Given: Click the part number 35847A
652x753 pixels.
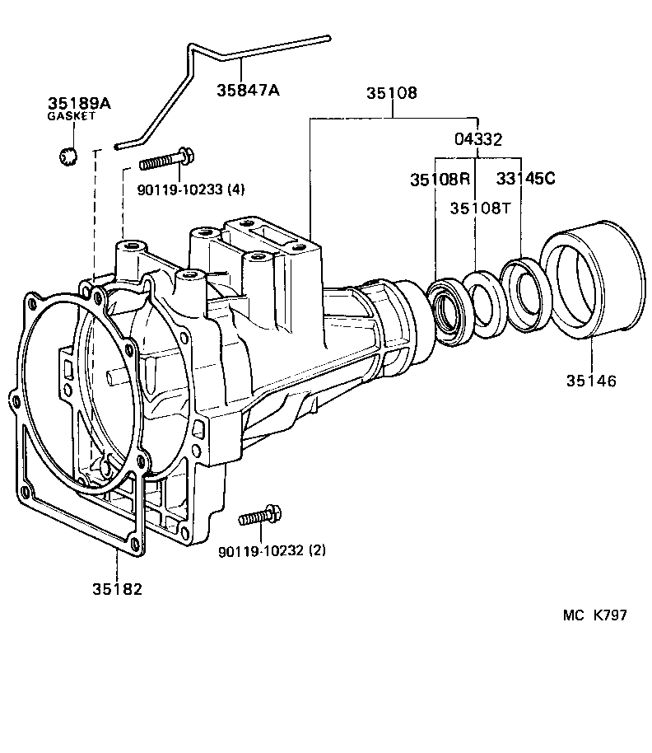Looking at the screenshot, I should [248, 90].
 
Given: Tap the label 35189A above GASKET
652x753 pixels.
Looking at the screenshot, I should [79, 104].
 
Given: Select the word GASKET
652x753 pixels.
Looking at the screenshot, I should [71, 117].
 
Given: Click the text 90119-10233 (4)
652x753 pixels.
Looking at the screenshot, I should [190, 189].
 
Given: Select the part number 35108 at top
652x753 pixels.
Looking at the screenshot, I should [391, 93].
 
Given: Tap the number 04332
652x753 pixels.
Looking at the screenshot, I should [478, 139].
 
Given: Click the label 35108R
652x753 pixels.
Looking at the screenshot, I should [440, 179].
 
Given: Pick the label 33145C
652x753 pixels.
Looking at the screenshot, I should [525, 179].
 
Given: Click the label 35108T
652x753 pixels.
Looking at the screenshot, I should [480, 208].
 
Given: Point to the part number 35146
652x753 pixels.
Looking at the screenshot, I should [591, 381].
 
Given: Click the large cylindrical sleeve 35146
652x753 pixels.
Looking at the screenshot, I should [591, 280].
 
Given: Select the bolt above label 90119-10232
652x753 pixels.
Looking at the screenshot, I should [260, 517].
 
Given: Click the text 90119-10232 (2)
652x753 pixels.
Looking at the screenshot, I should [272, 550].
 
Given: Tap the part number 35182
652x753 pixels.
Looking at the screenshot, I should [117, 589].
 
